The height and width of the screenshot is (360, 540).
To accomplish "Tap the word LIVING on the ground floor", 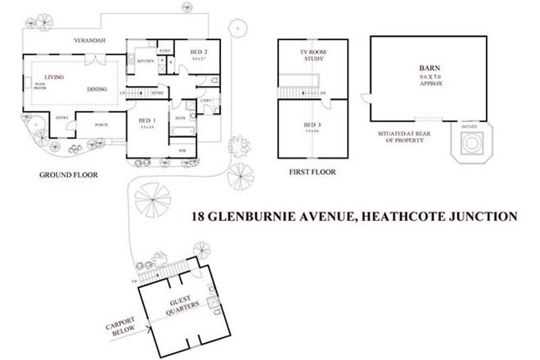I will click(55, 78).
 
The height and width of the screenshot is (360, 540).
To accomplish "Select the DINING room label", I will click(98, 88).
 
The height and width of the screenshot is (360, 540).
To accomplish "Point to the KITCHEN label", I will click(146, 61).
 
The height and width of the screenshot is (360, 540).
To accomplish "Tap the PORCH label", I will click(101, 124).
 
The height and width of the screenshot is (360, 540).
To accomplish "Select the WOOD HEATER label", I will click(40, 84).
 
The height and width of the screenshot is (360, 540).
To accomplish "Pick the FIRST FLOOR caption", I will click(312, 173).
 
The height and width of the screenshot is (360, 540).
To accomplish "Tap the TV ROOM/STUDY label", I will click(312, 56).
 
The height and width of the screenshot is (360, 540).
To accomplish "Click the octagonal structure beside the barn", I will click(470, 145).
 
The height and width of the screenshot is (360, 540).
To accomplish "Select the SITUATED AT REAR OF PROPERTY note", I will click(401, 137).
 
